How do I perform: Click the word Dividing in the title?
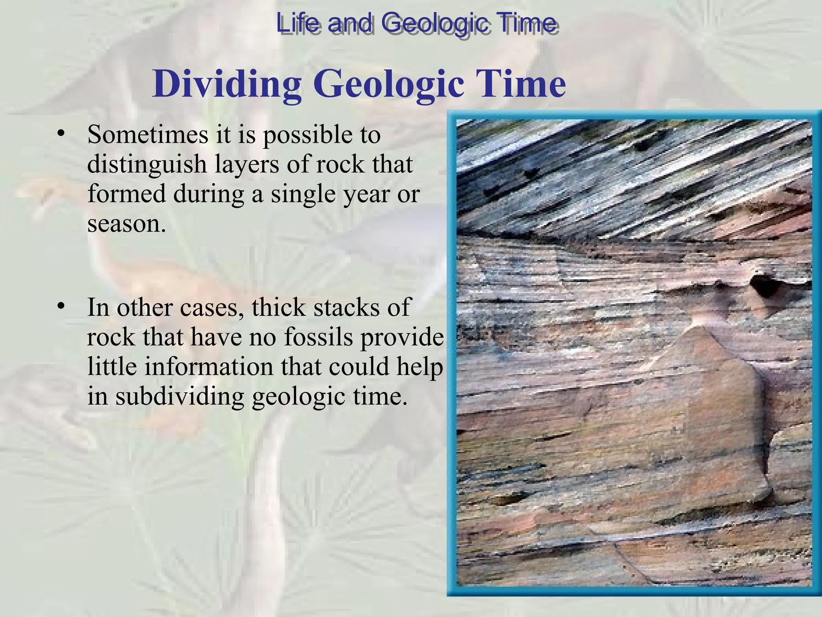point(227,84)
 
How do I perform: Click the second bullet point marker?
point(61,307)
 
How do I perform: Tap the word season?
point(126,223)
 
